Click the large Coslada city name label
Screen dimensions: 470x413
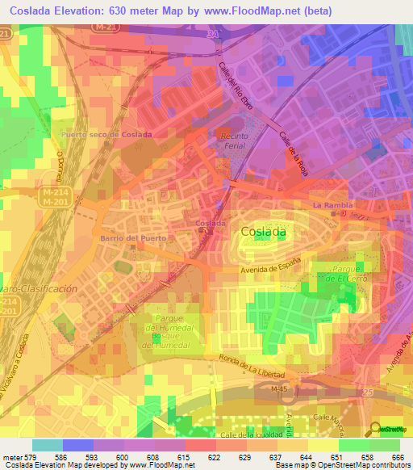[263, 231]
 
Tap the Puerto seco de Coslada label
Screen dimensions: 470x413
[112, 134]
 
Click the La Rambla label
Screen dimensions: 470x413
[333, 205]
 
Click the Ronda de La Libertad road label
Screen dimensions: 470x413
[257, 365]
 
